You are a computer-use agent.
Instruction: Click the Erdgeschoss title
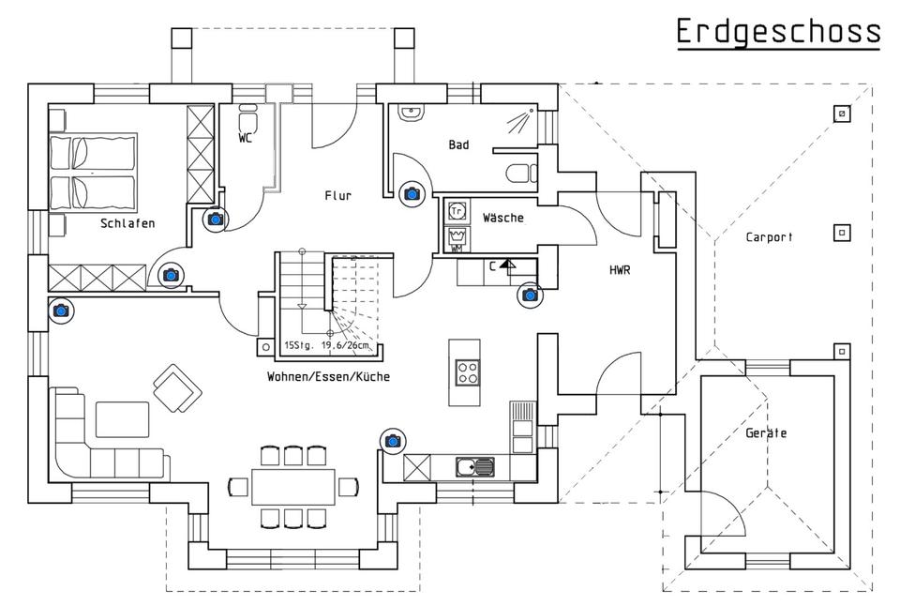tap(778, 32)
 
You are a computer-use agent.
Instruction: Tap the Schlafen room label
tap(127, 223)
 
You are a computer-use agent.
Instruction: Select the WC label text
tap(245, 138)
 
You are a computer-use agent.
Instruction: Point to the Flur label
tap(338, 196)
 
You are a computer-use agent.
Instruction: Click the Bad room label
tap(458, 144)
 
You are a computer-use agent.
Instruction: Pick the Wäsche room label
tap(502, 218)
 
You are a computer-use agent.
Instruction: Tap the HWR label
tap(620, 269)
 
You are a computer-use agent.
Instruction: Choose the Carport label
tap(769, 236)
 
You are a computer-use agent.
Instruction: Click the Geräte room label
tap(766, 433)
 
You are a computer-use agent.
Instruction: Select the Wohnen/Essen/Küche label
tap(328, 377)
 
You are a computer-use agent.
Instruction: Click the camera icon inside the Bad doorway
tap(412, 193)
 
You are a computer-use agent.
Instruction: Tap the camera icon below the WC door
tap(216, 219)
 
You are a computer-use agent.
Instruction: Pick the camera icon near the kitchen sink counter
tap(393, 441)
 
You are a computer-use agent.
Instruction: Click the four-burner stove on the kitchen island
tap(468, 371)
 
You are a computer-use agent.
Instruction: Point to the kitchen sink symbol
tap(474, 467)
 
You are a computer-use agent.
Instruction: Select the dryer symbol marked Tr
tap(457, 211)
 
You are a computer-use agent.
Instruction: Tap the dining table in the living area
tap(293, 487)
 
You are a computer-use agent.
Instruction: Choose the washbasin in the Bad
tap(412, 113)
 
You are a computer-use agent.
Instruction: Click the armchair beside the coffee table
tap(178, 388)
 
